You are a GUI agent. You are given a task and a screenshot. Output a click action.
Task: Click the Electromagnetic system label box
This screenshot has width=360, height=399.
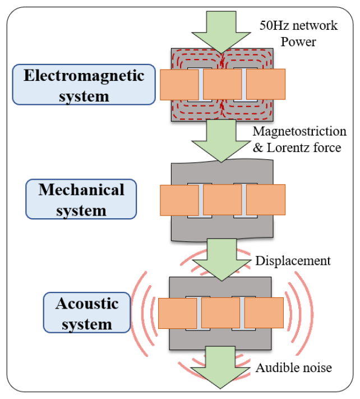pyautogui.click(x=83, y=84)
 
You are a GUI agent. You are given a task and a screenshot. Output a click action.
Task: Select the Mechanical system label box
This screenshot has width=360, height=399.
pyautogui.click(x=81, y=199)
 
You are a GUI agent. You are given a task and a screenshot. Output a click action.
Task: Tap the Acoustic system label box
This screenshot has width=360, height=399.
pyautogui.click(x=86, y=314)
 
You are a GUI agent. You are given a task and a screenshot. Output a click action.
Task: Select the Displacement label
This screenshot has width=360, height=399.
pyautogui.click(x=293, y=261)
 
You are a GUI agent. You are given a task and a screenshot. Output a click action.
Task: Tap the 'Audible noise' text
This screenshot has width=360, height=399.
pyautogui.click(x=294, y=368)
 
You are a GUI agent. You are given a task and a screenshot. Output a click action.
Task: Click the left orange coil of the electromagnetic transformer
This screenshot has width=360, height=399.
pyautogui.click(x=179, y=84)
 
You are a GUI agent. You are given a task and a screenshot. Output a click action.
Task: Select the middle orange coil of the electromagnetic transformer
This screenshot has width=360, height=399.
pyautogui.click(x=222, y=84)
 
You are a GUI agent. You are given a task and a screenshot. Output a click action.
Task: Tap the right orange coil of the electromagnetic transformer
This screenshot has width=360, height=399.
pyautogui.click(x=265, y=84)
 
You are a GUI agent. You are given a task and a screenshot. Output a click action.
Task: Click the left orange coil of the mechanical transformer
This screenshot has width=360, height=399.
pyautogui.click(x=179, y=200)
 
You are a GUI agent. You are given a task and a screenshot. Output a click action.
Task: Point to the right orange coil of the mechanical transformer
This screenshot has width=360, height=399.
pyautogui.click(x=266, y=200)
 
